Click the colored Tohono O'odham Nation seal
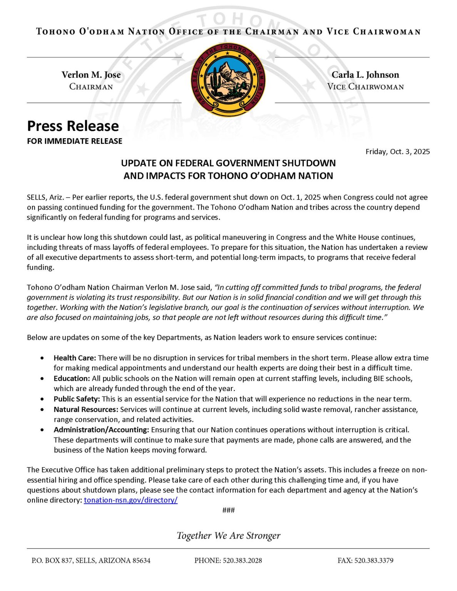pyautogui.click(x=228, y=80)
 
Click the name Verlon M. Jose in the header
pyautogui.click(x=91, y=75)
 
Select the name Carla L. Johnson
pyautogui.click(x=365, y=75)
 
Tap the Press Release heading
pyautogui.click(x=73, y=126)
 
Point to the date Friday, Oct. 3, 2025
pyautogui.click(x=397, y=152)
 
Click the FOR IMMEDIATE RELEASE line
pyautogui.click(x=74, y=141)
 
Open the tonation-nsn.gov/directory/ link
pyautogui.click(x=131, y=500)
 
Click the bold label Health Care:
pyautogui.click(x=75, y=358)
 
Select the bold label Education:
pyautogui.click(x=72, y=379)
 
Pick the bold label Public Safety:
pyautogui.click(x=77, y=399)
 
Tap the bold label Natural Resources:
pyautogui.click(x=86, y=409)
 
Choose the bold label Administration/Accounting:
pyautogui.click(x=101, y=430)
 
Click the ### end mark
pyautogui.click(x=228, y=510)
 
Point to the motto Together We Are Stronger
pyautogui.click(x=228, y=536)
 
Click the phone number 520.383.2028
pyautogui.click(x=242, y=561)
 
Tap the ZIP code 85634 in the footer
pyautogui.click(x=141, y=561)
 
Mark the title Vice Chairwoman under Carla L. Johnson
pyautogui.click(x=365, y=87)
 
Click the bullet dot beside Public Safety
pyautogui.click(x=42, y=399)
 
